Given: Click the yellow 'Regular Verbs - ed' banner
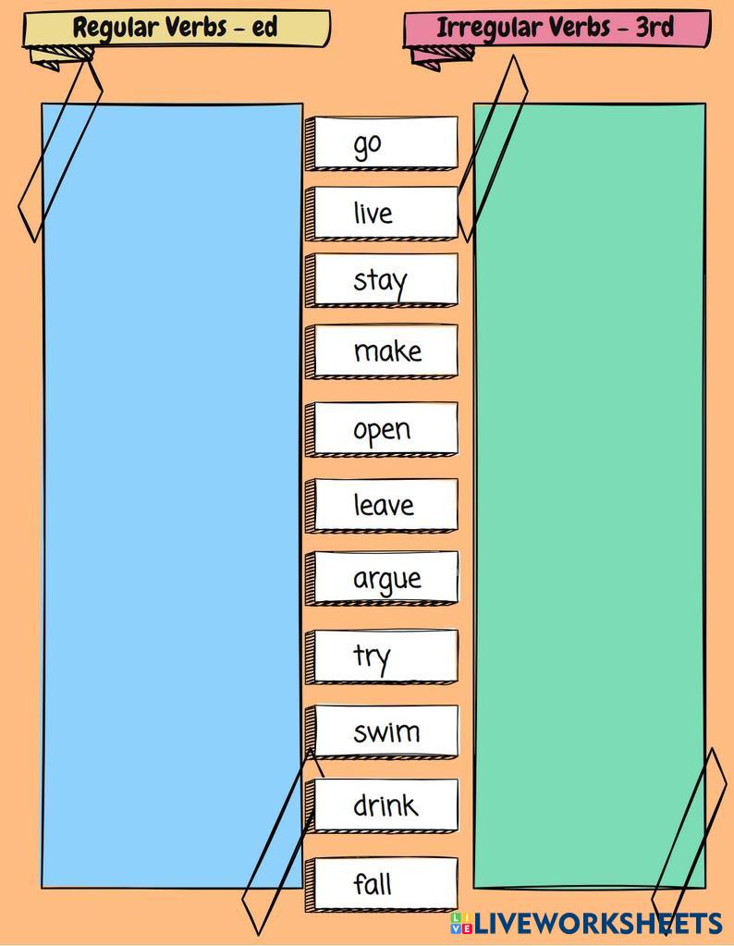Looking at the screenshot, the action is (x=176, y=28).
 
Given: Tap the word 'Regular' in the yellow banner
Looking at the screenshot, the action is (x=115, y=28).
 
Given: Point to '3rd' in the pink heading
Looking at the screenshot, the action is (x=654, y=28).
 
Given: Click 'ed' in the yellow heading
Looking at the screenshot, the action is (x=264, y=28).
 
